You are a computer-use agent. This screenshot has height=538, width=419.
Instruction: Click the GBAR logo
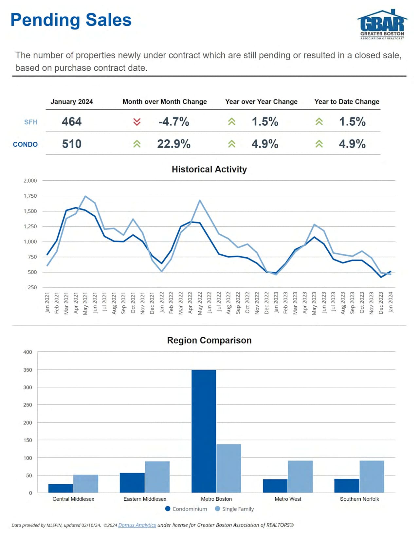point(382,25)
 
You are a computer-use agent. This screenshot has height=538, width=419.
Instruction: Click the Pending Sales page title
point(71,20)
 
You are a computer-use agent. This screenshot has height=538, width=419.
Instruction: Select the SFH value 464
point(72,122)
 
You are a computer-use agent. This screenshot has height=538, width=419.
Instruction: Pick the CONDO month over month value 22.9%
point(173,144)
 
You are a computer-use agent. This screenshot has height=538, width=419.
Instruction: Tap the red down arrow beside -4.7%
point(137,122)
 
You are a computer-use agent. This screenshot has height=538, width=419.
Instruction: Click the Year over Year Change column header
point(261,102)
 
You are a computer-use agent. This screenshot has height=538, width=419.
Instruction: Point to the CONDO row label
point(25,144)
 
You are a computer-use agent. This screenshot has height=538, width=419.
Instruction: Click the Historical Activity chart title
point(209,169)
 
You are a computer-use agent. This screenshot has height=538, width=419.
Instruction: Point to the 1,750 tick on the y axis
point(30,196)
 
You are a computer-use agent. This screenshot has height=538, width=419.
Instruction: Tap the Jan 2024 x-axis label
point(391,302)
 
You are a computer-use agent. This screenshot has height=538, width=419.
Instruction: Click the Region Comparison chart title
point(209,340)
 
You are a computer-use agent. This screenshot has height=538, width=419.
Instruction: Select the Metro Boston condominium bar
point(204,431)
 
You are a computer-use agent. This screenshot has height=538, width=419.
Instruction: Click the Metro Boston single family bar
point(228,468)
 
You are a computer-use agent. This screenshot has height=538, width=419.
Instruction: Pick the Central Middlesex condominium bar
point(61,488)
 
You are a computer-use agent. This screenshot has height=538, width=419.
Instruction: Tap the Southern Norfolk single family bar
point(372,476)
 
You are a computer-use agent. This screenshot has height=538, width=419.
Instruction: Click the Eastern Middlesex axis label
point(145,499)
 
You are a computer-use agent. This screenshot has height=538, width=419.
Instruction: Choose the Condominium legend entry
point(186,509)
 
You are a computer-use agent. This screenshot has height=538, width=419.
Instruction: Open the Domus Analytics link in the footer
point(137,525)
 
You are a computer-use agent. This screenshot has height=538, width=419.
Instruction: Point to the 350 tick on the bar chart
point(28,370)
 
